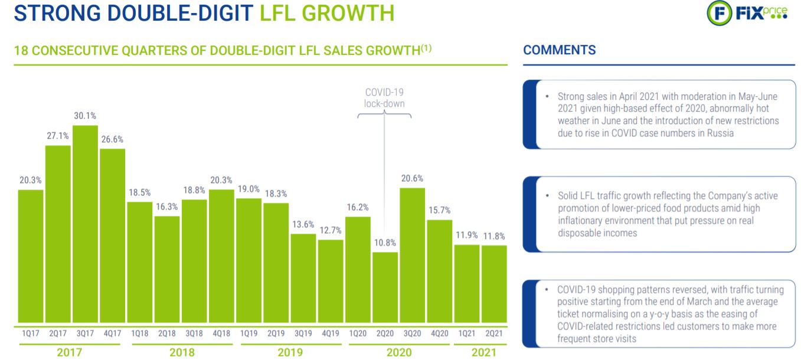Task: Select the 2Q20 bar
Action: click(x=385, y=289)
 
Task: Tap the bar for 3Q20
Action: click(x=412, y=257)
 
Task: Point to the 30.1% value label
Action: click(x=85, y=116)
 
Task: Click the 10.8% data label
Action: click(x=385, y=243)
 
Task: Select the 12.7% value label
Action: click(x=331, y=230)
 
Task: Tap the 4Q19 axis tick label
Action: click(x=331, y=333)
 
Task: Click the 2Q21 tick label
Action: click(x=494, y=333)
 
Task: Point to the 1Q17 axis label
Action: click(x=31, y=333)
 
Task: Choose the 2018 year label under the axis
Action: click(x=181, y=352)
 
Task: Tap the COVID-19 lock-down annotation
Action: click(x=384, y=98)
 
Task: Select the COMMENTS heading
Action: click(x=559, y=50)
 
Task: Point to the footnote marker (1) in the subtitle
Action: click(x=426, y=48)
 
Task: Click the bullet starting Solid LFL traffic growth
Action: click(x=668, y=214)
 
